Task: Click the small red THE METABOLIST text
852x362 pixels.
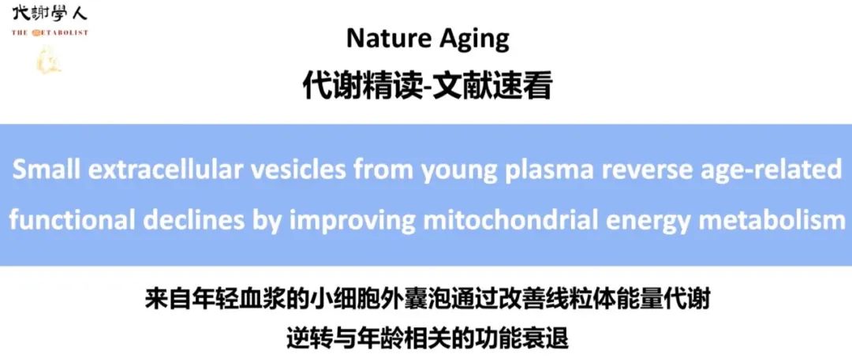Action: coord(50,32)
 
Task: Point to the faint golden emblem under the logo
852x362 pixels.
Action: coord(48,60)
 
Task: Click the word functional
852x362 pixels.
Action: coord(72,219)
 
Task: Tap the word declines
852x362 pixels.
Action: coord(194,219)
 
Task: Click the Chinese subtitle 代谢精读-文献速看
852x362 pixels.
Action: coord(427,87)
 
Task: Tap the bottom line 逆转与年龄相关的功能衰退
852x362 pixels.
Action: coord(427,338)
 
